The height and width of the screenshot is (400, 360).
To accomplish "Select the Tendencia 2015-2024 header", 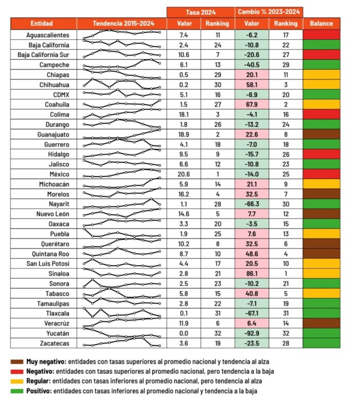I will tap(122, 24).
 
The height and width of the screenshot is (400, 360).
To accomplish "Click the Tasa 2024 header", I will tap(201, 12).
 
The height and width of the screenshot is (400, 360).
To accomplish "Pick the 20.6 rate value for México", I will tap(184, 175).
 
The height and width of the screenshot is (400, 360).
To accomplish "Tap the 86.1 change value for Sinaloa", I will tap(252, 274).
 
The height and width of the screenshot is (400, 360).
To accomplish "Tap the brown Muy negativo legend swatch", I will tap(16, 362).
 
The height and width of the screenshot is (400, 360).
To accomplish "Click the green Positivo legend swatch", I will tap(16, 391).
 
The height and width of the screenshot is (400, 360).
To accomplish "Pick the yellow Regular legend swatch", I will tap(16, 381).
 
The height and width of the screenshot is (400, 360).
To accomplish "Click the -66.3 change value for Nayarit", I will tap(252, 204).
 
